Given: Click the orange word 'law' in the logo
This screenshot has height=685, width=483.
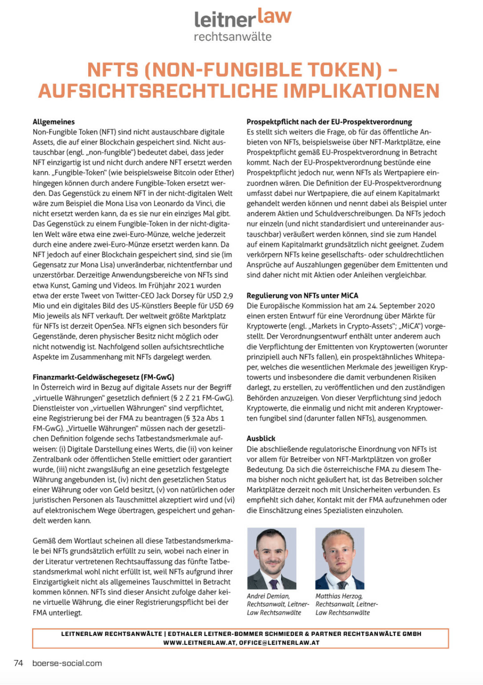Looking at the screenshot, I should [275, 16].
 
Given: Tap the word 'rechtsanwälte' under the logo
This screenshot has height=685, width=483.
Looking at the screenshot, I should [233, 37].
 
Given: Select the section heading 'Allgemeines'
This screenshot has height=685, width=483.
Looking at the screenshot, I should [54, 122].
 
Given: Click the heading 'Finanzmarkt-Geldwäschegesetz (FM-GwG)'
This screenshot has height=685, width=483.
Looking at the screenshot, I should [103, 377].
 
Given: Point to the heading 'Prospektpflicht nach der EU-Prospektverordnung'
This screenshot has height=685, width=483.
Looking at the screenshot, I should [329, 122].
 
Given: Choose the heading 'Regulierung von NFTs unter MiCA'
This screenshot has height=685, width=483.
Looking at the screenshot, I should [302, 295].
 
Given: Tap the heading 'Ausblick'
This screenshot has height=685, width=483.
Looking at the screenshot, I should [261, 438].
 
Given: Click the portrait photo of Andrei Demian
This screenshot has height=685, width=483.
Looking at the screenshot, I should [272, 558].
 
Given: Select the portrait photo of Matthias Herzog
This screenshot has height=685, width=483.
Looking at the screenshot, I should [340, 558].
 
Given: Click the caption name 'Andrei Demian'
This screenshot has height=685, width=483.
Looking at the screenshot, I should [268, 596].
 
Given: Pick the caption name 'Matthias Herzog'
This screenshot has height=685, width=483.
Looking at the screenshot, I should [339, 596].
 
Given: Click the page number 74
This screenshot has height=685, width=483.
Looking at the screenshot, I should [19, 663].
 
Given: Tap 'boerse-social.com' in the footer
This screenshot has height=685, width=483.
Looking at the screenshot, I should [67, 663].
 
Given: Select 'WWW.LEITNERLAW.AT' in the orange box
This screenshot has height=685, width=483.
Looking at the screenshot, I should [200, 643].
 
